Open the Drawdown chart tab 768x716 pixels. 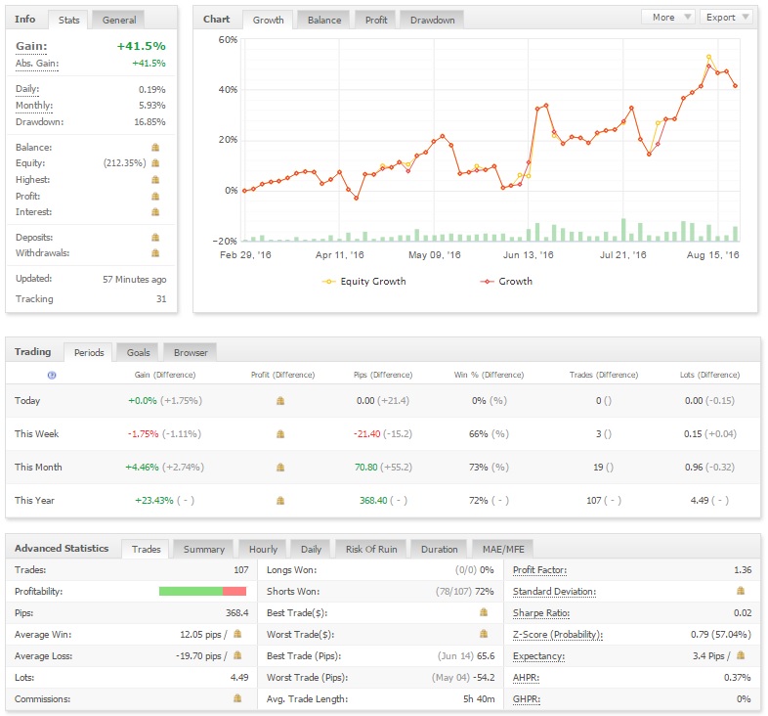tap(432, 21)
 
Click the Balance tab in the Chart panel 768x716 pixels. tap(324, 21)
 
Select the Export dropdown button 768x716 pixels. tap(727, 18)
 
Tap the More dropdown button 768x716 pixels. tap(668, 18)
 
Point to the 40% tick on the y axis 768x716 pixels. tap(228, 90)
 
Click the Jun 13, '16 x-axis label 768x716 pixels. tap(528, 255)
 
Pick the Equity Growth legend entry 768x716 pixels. tap(364, 282)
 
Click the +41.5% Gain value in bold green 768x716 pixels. tap(141, 46)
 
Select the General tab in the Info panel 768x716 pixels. tap(119, 21)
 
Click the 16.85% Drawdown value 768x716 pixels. tap(149, 122)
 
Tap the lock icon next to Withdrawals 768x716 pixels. tap(155, 253)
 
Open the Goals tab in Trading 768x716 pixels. tap(138, 352)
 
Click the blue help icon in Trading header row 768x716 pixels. tap(52, 376)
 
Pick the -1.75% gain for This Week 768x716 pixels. tap(143, 434)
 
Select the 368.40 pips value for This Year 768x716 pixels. tap(373, 501)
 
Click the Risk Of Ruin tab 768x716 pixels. tap(371, 550)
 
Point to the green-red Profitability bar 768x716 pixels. tap(202, 592)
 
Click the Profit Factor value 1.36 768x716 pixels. tap(743, 570)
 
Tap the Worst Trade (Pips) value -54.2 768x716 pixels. tap(484, 678)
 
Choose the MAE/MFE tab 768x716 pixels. tap(503, 550)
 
